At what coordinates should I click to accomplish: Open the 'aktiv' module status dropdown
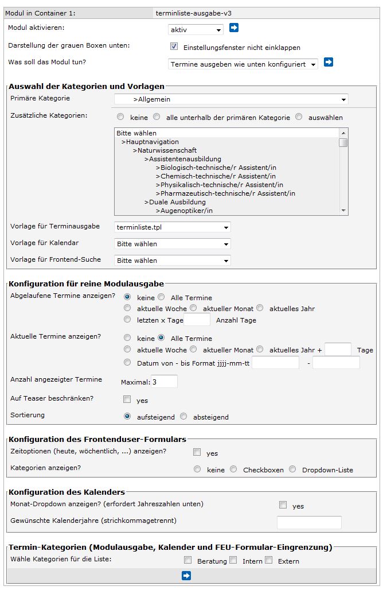coord(196,30)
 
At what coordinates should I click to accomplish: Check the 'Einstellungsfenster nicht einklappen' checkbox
coord(174,46)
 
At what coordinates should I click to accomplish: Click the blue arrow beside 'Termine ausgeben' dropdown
coord(328,62)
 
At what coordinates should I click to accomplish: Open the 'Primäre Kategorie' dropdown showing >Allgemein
coord(230,99)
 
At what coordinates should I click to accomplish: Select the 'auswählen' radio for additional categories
coord(299,117)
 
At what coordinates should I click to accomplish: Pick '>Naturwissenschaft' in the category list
coord(165,150)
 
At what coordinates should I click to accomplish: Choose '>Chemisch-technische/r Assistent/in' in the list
coord(215,176)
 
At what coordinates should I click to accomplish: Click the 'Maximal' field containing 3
coord(164,381)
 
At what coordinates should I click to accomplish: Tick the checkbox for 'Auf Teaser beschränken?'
coord(127,399)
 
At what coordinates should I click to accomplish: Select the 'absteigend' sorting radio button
coord(184,417)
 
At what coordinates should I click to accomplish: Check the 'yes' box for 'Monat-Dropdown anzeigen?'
coord(282,506)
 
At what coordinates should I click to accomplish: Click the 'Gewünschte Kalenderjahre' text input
coord(309,522)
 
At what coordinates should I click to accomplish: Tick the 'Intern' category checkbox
coord(233,560)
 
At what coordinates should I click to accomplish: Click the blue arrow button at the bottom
coord(186,576)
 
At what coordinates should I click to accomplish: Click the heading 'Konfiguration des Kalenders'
coord(67,492)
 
